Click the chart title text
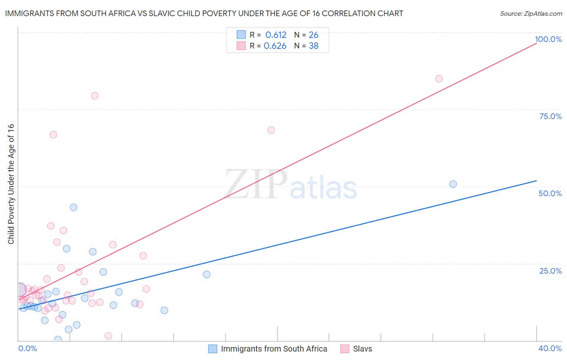tap(204, 14)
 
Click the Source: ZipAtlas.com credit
tap(531, 14)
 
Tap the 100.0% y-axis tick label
tap(548, 39)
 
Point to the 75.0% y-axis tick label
tap(550, 116)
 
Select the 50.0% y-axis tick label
tap(550, 193)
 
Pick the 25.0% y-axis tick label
tap(550, 271)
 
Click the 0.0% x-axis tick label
tap(27, 348)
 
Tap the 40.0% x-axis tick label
tap(550, 348)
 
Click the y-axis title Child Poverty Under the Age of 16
tap(11, 184)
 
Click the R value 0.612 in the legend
tap(276, 35)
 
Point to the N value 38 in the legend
tap(314, 46)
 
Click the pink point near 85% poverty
tap(439, 79)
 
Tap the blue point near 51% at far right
tap(453, 184)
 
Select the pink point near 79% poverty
tap(95, 96)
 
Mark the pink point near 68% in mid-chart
tap(271, 130)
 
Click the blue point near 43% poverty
tap(73, 207)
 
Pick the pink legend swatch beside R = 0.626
tap(241, 46)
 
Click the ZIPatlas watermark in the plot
tap(291, 184)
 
